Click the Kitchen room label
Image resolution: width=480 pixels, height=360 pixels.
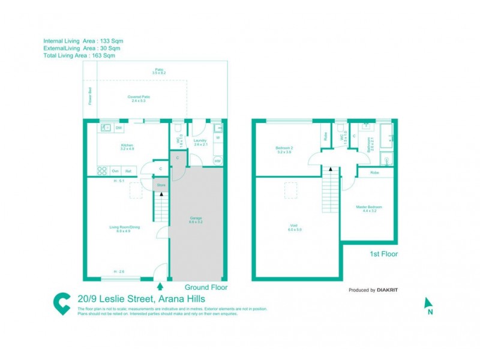pyautogui.click(x=127, y=146)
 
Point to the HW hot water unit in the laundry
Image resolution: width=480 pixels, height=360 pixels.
pyautogui.click(x=217, y=161)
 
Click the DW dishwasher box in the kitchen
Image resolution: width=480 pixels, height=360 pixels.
pyautogui.click(x=119, y=128)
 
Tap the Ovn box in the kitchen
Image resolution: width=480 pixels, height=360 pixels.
pyautogui.click(x=115, y=171)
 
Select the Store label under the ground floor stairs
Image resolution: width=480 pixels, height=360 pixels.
pyautogui.click(x=161, y=185)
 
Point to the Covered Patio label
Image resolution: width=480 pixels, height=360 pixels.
pyautogui.click(x=139, y=98)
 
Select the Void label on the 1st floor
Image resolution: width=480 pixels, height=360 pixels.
pyautogui.click(x=294, y=227)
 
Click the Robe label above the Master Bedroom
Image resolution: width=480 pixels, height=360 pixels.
pyautogui.click(x=374, y=172)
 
